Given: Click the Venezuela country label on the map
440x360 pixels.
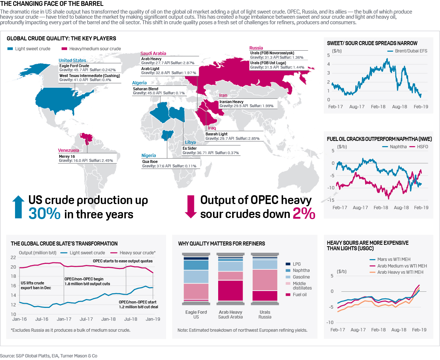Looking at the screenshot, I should tap(69, 150).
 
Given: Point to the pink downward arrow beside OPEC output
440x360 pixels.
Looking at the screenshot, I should tap(191, 207).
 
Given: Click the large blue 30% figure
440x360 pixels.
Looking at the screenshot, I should tap(44, 214).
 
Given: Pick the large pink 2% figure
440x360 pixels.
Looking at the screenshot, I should tap(304, 214).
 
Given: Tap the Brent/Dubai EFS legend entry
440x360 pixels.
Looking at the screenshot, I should tap(408, 51).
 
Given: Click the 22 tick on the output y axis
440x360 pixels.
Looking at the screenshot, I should tap(14, 258).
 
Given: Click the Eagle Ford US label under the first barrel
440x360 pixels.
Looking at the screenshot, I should tap(196, 314).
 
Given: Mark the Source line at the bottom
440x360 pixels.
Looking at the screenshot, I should tap(49, 356).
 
